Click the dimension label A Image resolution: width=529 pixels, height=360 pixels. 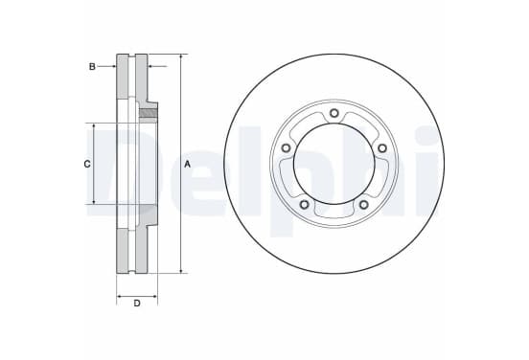click(187, 164)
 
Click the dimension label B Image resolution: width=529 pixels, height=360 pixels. click(92, 67)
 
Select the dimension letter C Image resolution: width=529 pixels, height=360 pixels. click(87, 164)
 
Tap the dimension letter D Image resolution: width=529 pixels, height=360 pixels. click(137, 304)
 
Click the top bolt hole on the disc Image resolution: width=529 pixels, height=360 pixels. click(334, 113)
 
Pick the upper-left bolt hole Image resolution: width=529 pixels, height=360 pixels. click(286, 148)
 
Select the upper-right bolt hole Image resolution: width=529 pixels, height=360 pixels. click(382, 148)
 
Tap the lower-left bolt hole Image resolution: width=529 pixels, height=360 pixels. click(305, 204)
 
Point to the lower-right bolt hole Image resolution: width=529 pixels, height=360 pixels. click(363, 204)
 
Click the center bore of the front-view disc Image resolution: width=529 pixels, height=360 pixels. click(334, 164)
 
